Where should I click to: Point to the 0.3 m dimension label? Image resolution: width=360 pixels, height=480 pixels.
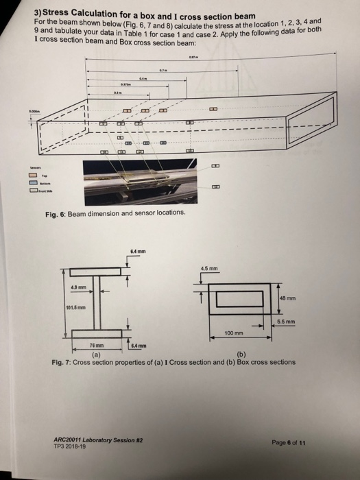[x=117, y=91]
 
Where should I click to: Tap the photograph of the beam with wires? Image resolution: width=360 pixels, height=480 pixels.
[x=146, y=180]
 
